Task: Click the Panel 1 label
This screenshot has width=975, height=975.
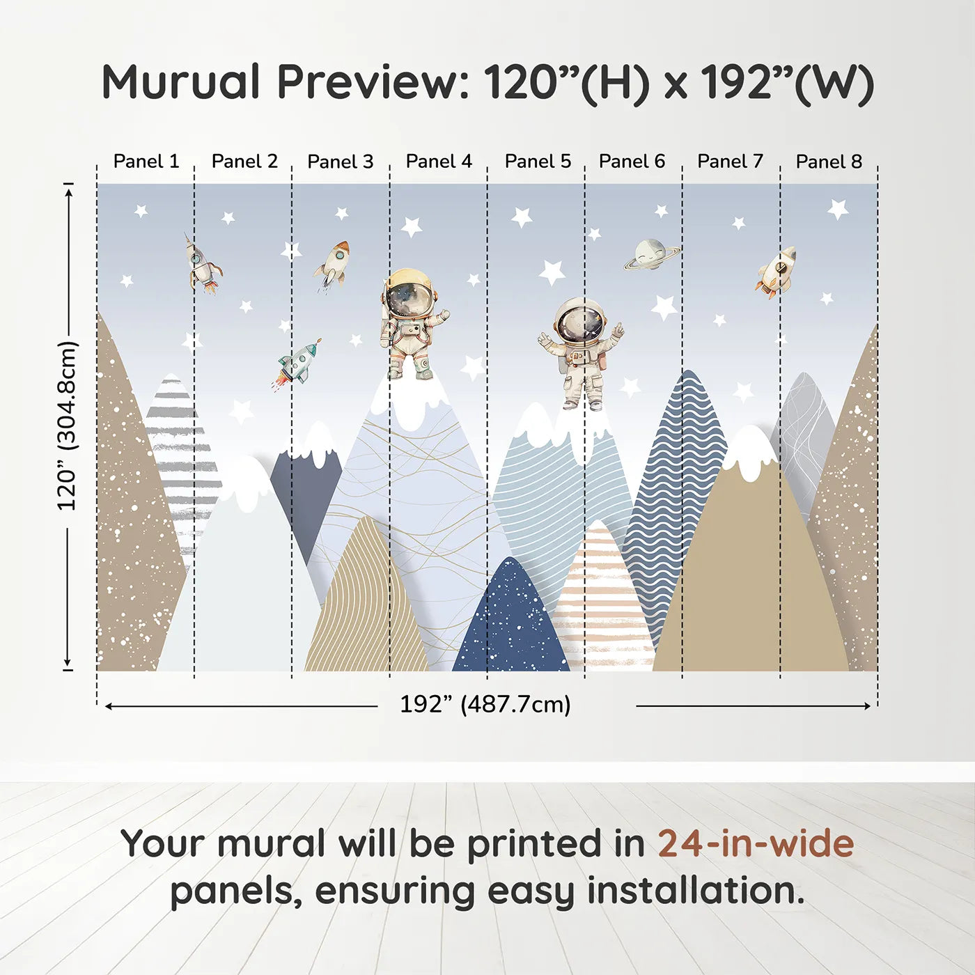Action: [146, 162]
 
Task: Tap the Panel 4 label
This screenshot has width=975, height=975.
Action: [439, 162]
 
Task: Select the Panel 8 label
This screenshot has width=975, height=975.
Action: [829, 162]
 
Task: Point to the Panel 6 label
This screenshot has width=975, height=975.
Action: [632, 162]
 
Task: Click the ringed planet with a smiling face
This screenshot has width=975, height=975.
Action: [651, 254]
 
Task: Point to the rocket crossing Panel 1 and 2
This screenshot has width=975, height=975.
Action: [203, 264]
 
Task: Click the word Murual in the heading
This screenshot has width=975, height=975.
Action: [180, 81]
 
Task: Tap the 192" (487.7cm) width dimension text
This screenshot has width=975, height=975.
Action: [485, 705]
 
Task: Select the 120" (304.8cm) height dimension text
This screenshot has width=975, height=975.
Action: [68, 425]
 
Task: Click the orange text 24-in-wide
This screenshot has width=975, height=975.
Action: [756, 843]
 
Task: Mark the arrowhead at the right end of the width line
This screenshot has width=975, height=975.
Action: [866, 705]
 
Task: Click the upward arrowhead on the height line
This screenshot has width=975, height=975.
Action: [69, 192]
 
